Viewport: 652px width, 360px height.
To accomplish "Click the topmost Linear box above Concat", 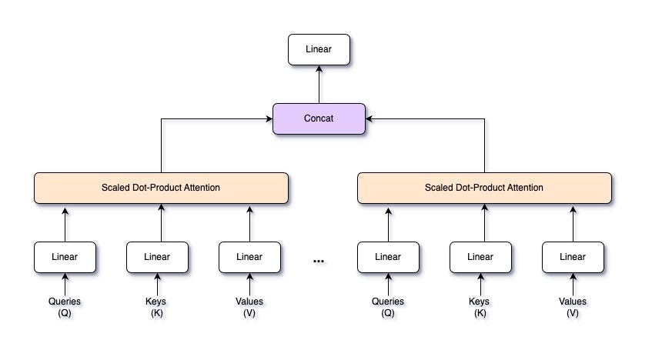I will point(319,49).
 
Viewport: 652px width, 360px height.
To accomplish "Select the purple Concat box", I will point(319,119).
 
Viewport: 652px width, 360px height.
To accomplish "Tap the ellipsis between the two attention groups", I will point(319,262).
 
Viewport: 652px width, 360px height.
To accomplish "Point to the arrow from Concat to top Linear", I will point(319,84).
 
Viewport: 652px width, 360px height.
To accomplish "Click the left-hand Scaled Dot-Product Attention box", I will point(161,188).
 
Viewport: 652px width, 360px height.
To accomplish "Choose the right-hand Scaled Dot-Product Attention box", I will point(484,188).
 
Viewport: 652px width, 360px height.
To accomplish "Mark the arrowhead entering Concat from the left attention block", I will point(269,119).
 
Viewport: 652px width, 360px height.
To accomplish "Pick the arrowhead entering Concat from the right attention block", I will point(369,119).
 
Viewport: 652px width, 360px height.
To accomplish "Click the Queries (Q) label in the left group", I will point(65,307).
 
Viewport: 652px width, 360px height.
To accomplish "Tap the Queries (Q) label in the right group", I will point(388,307).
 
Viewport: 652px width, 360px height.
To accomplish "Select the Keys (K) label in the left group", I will point(157,307).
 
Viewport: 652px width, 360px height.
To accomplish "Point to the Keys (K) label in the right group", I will point(480,307).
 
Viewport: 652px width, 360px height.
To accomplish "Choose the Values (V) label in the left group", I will point(249,307).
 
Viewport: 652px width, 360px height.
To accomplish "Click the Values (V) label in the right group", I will point(573,307).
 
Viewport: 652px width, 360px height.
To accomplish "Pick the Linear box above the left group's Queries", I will point(65,257).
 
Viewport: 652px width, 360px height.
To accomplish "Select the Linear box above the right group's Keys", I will point(480,257).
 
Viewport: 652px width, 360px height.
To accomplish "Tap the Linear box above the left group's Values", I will point(249,257).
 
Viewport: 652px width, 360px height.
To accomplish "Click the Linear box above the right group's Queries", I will point(388,257).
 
